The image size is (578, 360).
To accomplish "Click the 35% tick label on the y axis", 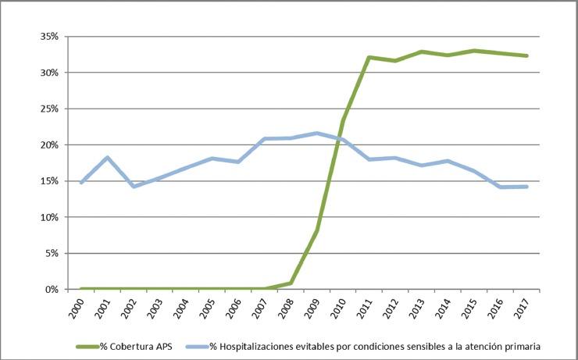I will pos(49,37).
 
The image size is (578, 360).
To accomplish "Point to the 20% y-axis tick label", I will pos(49,145).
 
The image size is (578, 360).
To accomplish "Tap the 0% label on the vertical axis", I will pos(52,290).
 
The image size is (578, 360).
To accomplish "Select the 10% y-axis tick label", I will pos(49,217).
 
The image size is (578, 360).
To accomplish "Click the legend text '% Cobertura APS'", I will pos(137,345).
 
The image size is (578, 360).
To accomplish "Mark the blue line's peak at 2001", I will pos(108,158).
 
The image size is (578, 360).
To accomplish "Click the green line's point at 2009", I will pos(317,230).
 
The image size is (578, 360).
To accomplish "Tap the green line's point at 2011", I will pos(369,57).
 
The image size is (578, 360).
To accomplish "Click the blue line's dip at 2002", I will pos(134,187).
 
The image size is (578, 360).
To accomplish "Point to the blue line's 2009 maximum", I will pos(316,133).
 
